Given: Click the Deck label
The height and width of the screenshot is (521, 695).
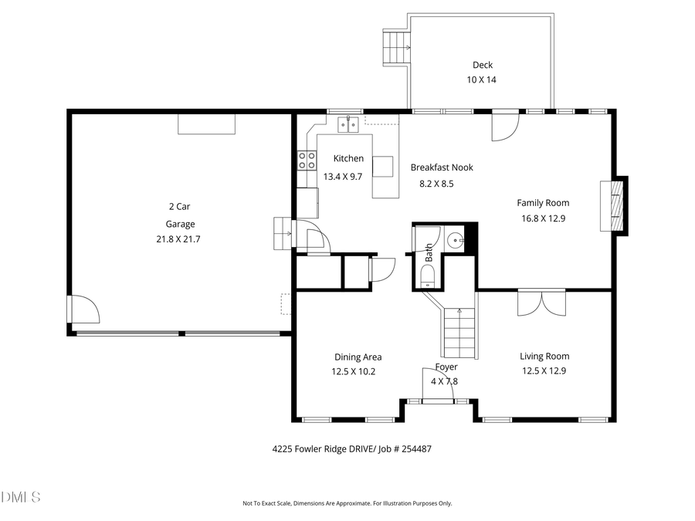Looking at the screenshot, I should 482,66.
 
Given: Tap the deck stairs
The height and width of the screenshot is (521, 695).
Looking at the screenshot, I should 397,47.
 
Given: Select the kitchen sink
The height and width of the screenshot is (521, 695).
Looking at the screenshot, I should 347,123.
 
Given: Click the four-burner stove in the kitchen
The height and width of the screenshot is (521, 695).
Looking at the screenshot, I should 307,160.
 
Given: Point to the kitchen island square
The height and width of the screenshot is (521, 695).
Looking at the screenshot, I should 383,167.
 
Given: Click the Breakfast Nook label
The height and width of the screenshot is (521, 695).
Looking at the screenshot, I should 442,167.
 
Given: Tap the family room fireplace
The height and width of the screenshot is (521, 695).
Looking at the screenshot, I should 615,206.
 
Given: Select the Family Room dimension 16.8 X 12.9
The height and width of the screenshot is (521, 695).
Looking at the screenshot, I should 543,218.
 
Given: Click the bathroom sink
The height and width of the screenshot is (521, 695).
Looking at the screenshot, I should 455,240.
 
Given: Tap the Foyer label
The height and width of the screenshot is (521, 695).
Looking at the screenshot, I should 446,367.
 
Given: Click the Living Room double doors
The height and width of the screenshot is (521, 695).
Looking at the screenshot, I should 542,303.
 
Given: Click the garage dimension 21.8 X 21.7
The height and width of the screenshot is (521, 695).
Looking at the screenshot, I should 178,239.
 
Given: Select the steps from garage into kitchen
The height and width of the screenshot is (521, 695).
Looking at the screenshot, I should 283,233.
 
